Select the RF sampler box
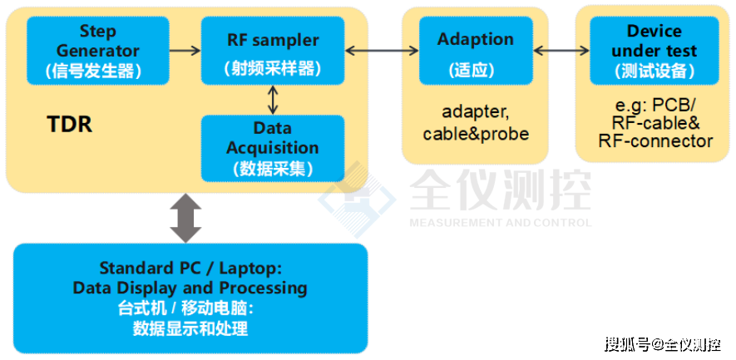click(x=273, y=50)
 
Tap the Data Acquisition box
click(x=273, y=148)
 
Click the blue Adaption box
click(x=475, y=50)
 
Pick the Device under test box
click(x=654, y=50)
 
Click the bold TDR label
click(x=69, y=126)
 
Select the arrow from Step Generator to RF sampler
click(x=185, y=50)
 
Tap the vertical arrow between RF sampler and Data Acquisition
click(x=273, y=100)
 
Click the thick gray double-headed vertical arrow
click(x=185, y=218)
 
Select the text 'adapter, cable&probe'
click(x=475, y=122)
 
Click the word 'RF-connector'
click(x=655, y=141)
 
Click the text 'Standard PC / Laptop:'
click(x=190, y=269)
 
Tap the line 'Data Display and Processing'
click(x=190, y=288)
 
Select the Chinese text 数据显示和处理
click(x=190, y=328)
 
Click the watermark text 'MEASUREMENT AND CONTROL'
click(x=500, y=223)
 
